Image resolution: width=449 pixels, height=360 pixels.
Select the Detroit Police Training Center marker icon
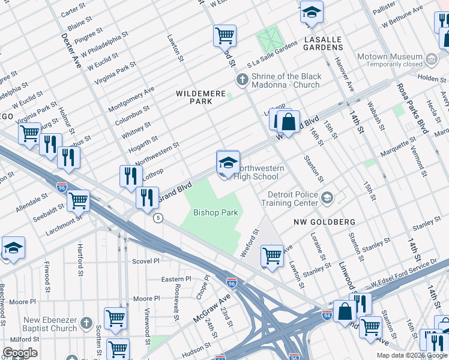(327, 197)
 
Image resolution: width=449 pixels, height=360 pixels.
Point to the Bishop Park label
(215, 213)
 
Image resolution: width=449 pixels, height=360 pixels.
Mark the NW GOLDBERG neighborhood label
(324, 222)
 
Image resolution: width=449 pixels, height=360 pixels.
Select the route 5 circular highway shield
(158, 217)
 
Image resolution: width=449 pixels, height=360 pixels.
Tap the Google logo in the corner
(20, 353)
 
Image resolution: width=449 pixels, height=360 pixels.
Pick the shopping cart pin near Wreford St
(272, 256)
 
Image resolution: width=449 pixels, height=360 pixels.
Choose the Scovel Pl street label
(146, 261)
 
